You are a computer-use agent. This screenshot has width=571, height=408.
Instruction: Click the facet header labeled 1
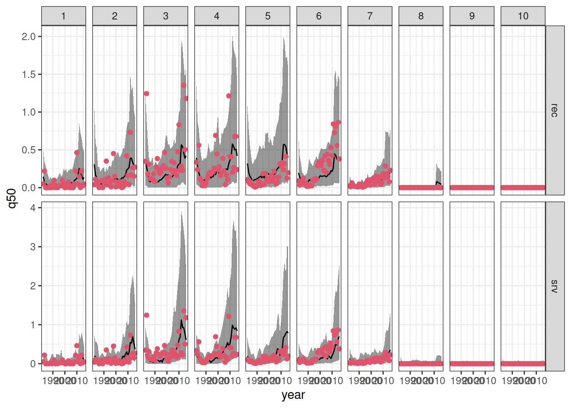(63, 16)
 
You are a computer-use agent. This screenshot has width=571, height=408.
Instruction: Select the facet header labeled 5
(268, 16)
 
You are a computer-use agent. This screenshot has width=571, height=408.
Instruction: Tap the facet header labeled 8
(421, 16)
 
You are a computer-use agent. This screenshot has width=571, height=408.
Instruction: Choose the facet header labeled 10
(523, 16)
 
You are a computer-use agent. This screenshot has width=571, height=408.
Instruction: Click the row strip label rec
(554, 110)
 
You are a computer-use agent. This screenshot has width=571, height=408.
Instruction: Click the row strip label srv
(554, 286)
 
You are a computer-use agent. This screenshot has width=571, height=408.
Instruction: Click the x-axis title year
(293, 395)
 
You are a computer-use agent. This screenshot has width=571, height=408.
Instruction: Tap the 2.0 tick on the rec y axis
(29, 37)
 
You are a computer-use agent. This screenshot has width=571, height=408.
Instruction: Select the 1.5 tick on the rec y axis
(29, 74)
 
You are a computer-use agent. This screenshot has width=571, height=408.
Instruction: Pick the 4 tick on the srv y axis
(33, 208)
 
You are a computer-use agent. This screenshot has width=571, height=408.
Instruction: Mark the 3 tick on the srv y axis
(33, 247)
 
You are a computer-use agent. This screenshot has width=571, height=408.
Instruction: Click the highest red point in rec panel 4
(229, 96)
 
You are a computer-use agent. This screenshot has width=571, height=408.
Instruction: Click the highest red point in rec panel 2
(130, 132)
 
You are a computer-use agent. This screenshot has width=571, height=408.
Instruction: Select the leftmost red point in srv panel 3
(147, 315)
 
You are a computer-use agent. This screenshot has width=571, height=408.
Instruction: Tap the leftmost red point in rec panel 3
(147, 93)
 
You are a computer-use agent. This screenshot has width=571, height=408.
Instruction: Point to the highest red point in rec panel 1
(77, 153)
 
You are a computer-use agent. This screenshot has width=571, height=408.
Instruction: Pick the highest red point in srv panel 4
(229, 317)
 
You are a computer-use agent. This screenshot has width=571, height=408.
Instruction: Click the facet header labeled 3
(166, 16)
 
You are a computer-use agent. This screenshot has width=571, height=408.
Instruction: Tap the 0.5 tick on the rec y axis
(29, 150)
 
